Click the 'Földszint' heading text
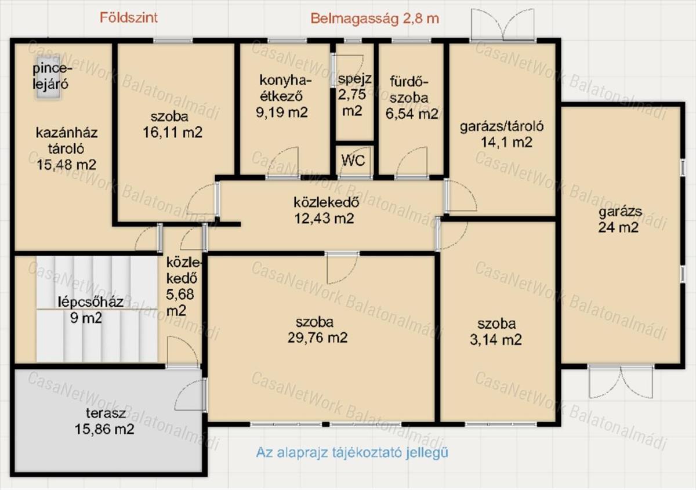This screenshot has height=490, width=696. pyautogui.click(x=128, y=18)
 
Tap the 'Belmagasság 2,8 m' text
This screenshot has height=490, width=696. pyautogui.click(x=375, y=19)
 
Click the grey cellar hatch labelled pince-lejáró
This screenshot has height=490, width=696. pyautogui.click(x=48, y=78)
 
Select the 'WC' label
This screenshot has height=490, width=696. pyautogui.click(x=353, y=161)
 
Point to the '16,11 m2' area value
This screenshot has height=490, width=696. pyautogui.click(x=172, y=132)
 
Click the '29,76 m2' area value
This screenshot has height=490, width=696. pyautogui.click(x=317, y=337)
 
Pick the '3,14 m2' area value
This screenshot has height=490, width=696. pyautogui.click(x=495, y=340)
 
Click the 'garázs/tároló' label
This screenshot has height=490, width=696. pyautogui.click(x=502, y=126)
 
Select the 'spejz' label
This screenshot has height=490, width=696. pyautogui.click(x=354, y=79)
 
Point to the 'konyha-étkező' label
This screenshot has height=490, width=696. pyautogui.click(x=285, y=88)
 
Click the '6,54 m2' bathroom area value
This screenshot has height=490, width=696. pyautogui.click(x=412, y=114)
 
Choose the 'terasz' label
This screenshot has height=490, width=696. pyautogui.click(x=106, y=413)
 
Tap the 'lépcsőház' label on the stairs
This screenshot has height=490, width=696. pyautogui.click(x=90, y=302)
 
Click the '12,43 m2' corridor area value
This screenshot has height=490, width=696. pyautogui.click(x=324, y=219)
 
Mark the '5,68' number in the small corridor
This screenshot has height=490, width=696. pyautogui.click(x=180, y=294)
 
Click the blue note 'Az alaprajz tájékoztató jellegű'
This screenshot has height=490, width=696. pyautogui.click(x=352, y=452)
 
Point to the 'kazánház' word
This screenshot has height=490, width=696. pyautogui.click(x=67, y=133)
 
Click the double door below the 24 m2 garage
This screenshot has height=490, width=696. pyautogui.click(x=621, y=382)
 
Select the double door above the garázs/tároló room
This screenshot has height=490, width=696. pyautogui.click(x=503, y=26)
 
